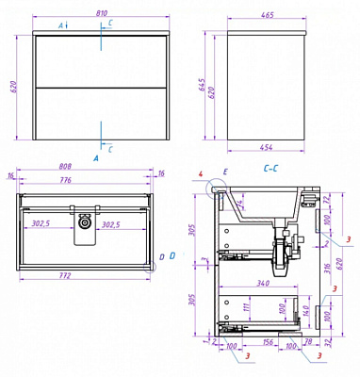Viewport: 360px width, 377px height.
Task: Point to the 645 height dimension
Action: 212,89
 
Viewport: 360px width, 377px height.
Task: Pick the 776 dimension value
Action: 86,183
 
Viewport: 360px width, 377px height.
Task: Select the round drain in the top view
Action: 87,223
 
